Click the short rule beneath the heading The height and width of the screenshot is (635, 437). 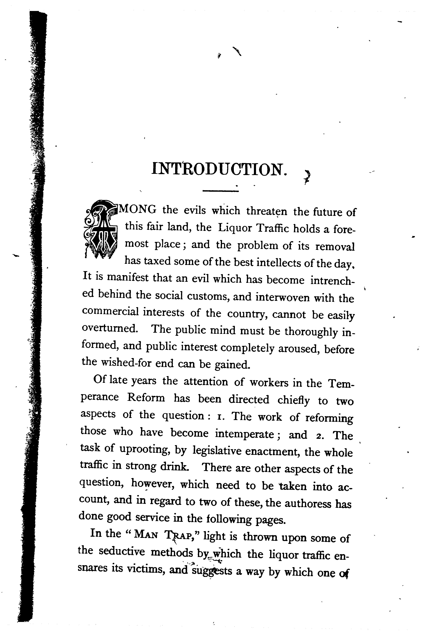[x=221, y=191]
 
